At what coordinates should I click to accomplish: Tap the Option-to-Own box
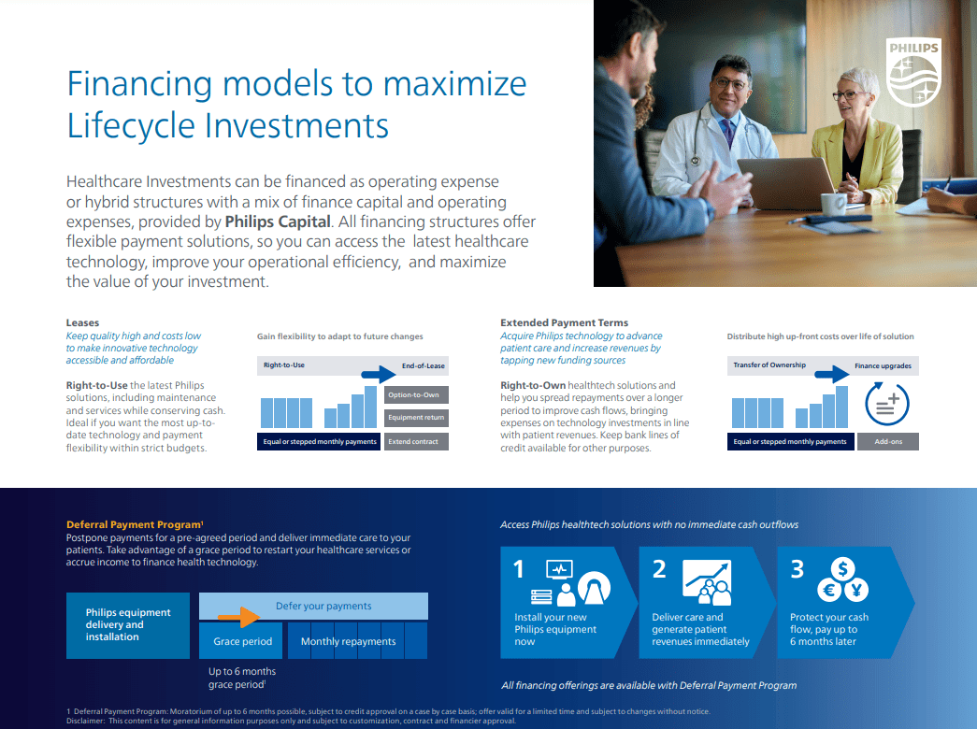(413, 394)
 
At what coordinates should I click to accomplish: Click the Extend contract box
(413, 441)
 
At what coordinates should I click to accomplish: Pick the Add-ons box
(887, 441)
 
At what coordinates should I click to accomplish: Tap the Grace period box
(242, 641)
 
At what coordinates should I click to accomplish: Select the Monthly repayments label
(348, 641)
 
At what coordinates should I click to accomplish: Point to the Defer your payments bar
(323, 606)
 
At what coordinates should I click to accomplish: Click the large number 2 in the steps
(658, 568)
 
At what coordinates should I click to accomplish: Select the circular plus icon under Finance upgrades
(886, 404)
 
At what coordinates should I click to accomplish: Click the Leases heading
(82, 322)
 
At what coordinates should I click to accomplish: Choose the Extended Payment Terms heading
(564, 322)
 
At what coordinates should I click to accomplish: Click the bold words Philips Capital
(278, 222)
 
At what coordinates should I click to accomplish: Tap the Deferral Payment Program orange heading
(134, 525)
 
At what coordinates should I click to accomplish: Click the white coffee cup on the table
(831, 202)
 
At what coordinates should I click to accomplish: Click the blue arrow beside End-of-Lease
(380, 374)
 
